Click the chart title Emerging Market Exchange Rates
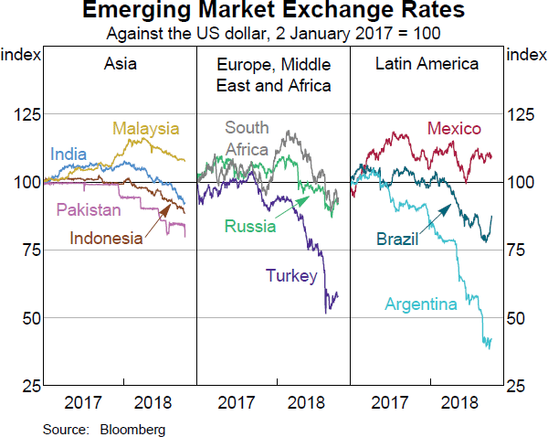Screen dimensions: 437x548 click(x=273, y=12)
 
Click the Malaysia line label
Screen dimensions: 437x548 click(x=146, y=128)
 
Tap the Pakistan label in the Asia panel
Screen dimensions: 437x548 click(x=89, y=210)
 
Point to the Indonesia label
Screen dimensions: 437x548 click(x=107, y=239)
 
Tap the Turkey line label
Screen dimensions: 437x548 click(x=291, y=275)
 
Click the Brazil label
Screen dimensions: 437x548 click(x=397, y=240)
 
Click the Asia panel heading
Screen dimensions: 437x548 click(x=119, y=64)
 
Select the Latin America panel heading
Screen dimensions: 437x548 click(x=427, y=64)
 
